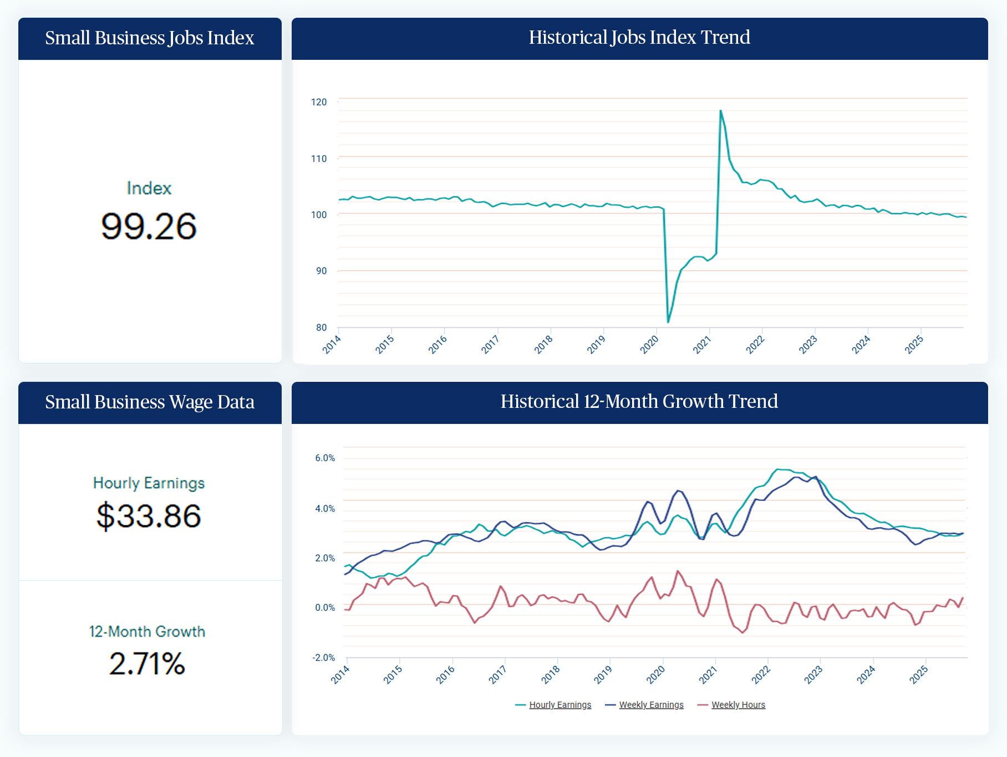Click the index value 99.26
coord(149,226)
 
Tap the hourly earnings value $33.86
coord(149,516)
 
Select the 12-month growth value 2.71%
coord(147,663)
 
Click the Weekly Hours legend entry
coord(738,705)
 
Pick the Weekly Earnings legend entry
coord(651,705)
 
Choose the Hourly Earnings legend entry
coord(560,705)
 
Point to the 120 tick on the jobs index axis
coord(319,102)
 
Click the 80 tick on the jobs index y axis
coord(321,328)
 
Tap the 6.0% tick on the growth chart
coord(325,458)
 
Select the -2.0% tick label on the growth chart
coord(324,658)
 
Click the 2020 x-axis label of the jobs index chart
coord(649,345)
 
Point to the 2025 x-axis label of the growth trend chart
coord(919,674)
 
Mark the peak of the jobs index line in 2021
coord(720,110)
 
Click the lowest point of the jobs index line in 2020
coord(668,322)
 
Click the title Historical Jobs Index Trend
coord(639,38)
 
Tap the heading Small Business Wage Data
coord(150,402)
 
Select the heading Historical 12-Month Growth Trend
coord(639,402)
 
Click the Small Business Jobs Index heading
coord(150,38)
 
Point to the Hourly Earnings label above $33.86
coord(149,483)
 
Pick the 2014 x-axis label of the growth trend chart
coord(340,674)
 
